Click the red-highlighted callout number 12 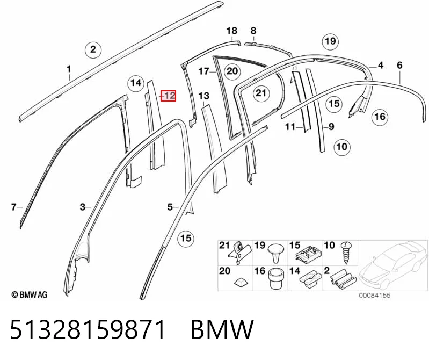point(168,96)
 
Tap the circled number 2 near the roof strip point(93,49)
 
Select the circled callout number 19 point(330,41)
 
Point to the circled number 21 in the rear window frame point(261,93)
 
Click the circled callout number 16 point(380,117)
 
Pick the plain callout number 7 point(13,207)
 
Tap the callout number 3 point(82,207)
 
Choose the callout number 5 point(170,207)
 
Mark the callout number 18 point(232,31)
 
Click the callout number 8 point(253,31)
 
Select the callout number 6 point(399,65)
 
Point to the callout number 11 point(290,126)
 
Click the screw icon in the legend point(346,253)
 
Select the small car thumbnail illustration point(393,265)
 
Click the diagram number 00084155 point(375,296)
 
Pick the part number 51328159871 point(88,329)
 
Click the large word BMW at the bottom point(222,329)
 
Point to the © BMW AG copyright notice point(30,294)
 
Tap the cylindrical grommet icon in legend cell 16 point(276,279)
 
